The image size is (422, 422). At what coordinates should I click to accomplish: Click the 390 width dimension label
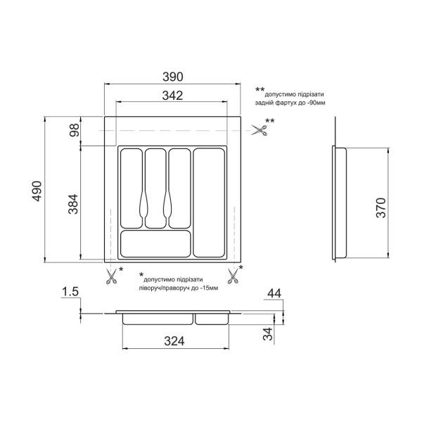pos(173,77)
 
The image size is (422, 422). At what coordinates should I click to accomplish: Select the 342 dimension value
pos(172,96)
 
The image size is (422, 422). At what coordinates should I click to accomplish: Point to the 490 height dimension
pos(37,191)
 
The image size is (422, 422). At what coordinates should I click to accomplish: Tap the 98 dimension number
pos(75,130)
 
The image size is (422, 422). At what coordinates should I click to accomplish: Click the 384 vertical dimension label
pos(73,204)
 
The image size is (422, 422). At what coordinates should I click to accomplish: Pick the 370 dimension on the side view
pos(381,207)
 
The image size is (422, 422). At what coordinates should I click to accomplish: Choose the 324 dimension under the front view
pos(174,341)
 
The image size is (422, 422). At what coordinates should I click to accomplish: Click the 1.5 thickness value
pos(70,292)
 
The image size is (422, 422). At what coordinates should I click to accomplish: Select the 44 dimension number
pos(274,293)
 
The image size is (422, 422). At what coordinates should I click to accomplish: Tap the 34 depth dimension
pos(268,334)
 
